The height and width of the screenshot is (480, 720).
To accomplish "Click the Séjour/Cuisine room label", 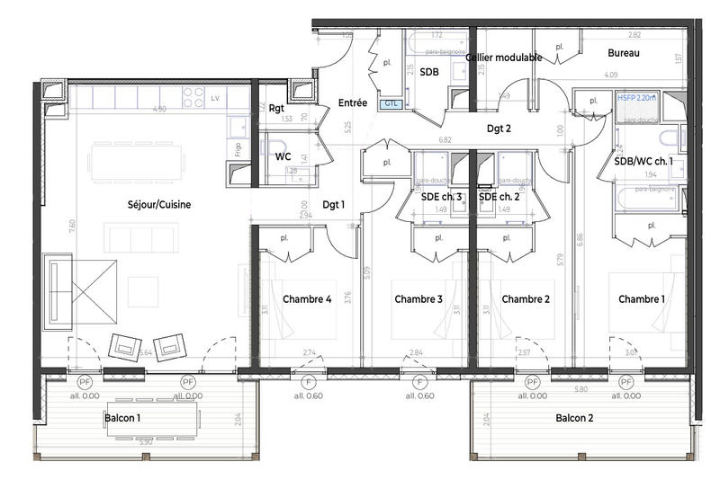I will (x=159, y=204).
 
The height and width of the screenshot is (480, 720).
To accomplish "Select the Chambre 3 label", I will (x=418, y=298).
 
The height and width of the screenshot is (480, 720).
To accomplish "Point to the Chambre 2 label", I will (x=526, y=298).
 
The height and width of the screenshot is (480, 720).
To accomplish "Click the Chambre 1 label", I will (x=643, y=298).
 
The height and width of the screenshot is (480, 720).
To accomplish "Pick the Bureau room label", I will (x=623, y=54).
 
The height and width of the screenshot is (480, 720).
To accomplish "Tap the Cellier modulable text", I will (x=504, y=57).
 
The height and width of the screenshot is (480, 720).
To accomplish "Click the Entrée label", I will (x=352, y=103).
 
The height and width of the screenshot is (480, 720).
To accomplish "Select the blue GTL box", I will (x=391, y=103).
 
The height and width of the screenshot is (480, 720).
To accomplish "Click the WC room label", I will (x=283, y=156).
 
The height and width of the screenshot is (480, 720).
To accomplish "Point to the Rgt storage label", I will (x=278, y=107).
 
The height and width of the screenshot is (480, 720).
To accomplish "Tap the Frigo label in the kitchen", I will (x=238, y=149).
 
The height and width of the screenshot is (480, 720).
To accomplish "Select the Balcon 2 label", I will (x=574, y=418).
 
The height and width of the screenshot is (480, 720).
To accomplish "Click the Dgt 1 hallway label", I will (x=333, y=205).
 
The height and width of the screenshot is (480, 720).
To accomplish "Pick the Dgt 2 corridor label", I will (x=499, y=129).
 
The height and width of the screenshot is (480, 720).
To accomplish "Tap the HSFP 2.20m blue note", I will (x=634, y=96).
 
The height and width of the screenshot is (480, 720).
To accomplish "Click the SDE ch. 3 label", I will (x=441, y=196).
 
